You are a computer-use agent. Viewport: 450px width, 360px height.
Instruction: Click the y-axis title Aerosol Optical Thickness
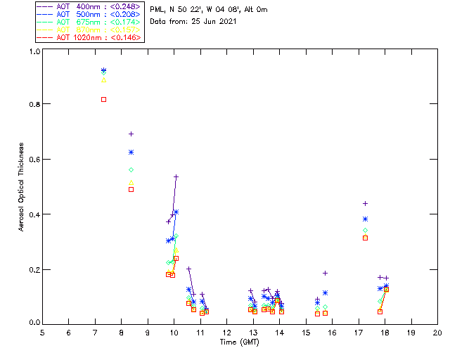point(22,187)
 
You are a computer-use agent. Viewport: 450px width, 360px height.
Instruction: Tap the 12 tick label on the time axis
point(226,332)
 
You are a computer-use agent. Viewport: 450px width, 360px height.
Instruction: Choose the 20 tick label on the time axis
point(437,332)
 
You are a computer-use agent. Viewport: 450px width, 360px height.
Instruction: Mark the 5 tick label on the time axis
point(42,332)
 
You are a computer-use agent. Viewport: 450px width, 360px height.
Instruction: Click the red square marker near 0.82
point(104,99)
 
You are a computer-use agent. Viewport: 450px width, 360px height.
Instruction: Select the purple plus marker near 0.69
point(131,134)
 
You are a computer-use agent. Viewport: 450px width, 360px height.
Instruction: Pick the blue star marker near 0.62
point(131,152)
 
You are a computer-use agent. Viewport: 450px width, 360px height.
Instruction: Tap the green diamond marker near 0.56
point(131,169)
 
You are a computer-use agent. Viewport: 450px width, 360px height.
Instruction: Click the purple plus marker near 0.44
point(366,203)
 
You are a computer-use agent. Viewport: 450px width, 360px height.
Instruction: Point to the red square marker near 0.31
point(366,238)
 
